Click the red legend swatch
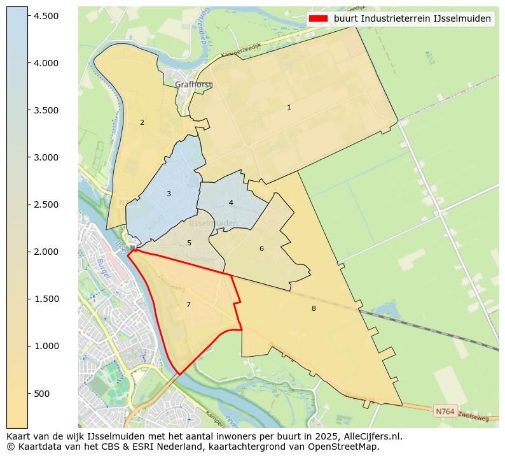coord(319,18)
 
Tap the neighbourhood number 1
coord(289,108)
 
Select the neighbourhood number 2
coord(142,122)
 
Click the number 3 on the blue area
coord(169,194)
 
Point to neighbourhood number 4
coord(231,203)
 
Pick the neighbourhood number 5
coord(189,243)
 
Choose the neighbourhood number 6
coord(261,248)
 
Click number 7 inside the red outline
coord(188,304)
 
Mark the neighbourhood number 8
coord(314,308)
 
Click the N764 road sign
coord(445,411)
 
